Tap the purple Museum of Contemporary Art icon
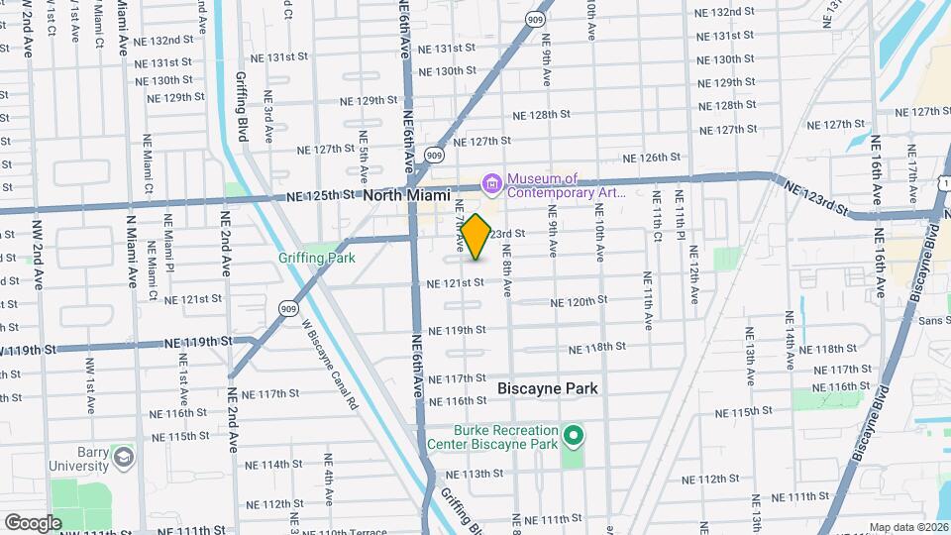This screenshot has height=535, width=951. [490, 183]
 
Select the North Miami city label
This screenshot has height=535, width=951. [406, 195]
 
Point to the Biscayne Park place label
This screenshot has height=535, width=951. [548, 388]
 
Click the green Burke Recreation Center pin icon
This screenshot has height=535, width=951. [572, 436]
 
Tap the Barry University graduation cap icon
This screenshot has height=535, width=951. [123, 458]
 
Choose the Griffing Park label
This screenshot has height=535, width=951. [317, 258]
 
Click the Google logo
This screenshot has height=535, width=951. [33, 522]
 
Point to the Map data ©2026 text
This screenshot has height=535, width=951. [908, 527]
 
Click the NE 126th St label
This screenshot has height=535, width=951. [651, 158]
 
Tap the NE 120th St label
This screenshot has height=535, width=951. [579, 301]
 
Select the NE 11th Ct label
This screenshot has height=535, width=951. [656, 222]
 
